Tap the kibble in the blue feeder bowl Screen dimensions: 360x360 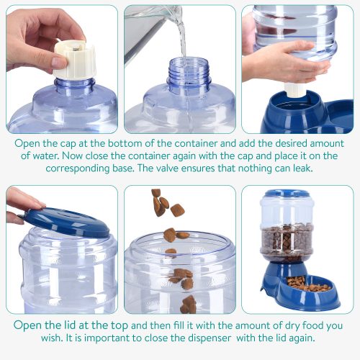[308, 282]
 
